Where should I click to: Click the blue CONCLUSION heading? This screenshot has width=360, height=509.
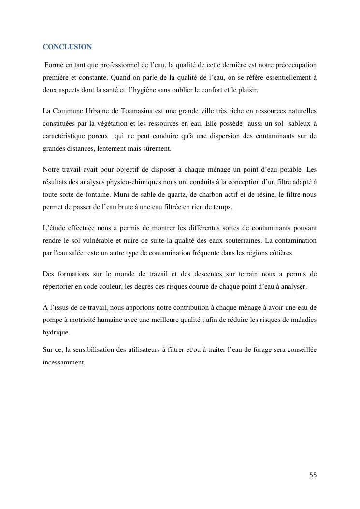click(x=67, y=47)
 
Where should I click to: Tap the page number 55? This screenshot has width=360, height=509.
click(x=313, y=475)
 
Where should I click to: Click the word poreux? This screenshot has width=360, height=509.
click(x=96, y=136)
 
